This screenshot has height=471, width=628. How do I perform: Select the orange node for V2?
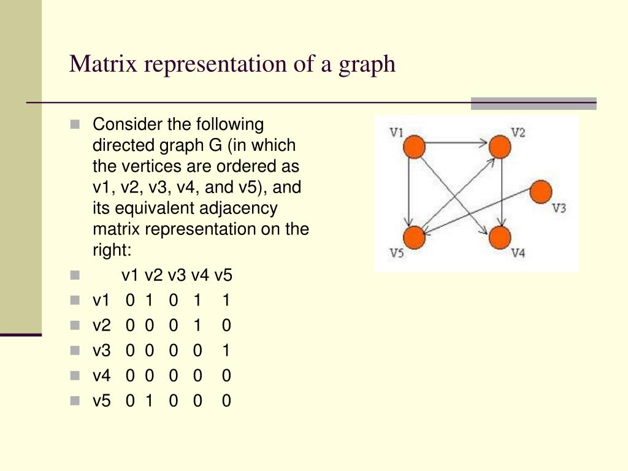pyautogui.click(x=500, y=147)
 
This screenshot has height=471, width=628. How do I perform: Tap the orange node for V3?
pyautogui.click(x=540, y=191)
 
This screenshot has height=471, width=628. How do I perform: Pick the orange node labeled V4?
pyautogui.click(x=500, y=237)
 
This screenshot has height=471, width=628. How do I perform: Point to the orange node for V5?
pyautogui.click(x=415, y=237)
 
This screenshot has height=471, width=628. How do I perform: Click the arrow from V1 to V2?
pyautogui.click(x=457, y=144)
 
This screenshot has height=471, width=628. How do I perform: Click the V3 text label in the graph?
pyautogui.click(x=559, y=209)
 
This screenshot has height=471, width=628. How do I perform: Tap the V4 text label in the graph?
pyautogui.click(x=518, y=252)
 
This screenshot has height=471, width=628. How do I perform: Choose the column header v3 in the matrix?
pyautogui.click(x=177, y=275)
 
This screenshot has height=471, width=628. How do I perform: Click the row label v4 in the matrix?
pyautogui.click(x=101, y=375)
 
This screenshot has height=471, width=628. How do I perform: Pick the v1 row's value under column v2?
pyautogui.click(x=149, y=300)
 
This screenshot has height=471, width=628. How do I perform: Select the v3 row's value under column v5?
pyautogui.click(x=226, y=350)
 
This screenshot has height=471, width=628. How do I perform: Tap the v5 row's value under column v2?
pyautogui.click(x=149, y=400)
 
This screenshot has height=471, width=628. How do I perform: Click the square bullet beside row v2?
pyautogui.click(x=75, y=326)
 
